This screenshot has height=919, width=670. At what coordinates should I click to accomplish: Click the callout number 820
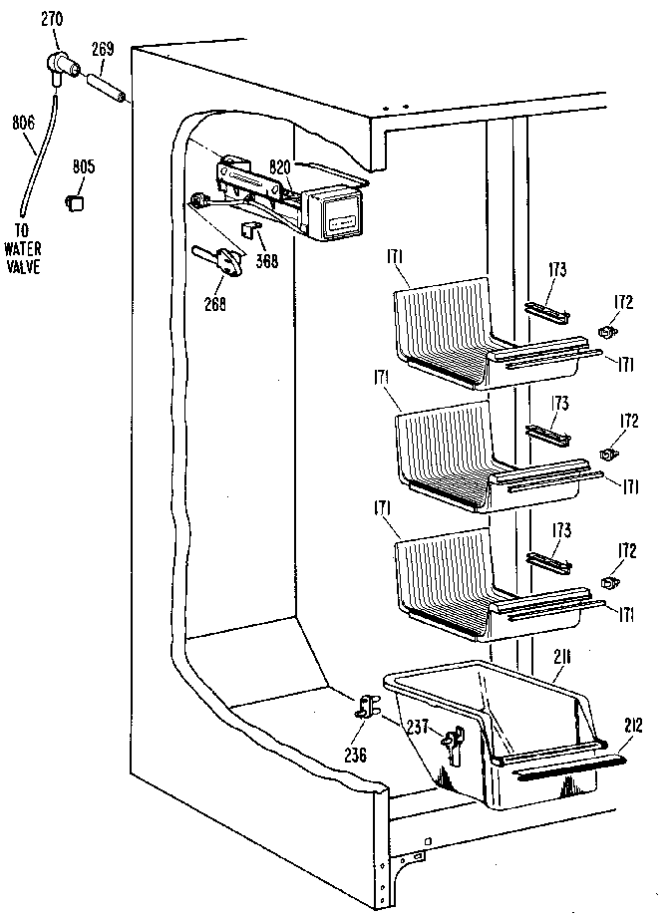279,166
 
